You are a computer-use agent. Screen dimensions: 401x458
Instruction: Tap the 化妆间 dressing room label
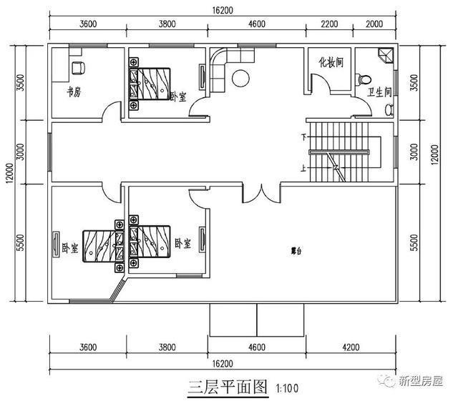point(331,62)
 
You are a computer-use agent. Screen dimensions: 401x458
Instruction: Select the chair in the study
point(78,69)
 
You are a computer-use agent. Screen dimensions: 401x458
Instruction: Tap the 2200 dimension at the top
point(328,23)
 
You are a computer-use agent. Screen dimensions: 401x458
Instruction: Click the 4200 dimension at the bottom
point(350,347)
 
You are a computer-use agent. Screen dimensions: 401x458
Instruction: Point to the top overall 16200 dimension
point(222,11)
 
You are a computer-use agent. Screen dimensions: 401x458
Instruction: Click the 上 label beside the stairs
point(304,169)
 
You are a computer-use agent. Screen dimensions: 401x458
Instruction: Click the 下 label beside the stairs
point(304,136)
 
